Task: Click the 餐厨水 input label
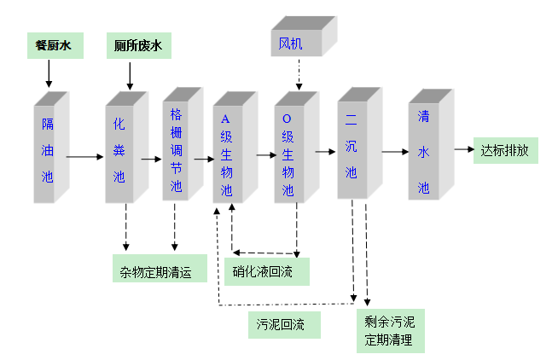tap(53, 45)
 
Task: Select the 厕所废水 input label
tap(137, 45)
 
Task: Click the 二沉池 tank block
tap(351, 147)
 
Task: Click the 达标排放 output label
tap(505, 152)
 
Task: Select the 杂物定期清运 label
tap(160, 270)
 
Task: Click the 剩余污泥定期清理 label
tap(389, 332)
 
